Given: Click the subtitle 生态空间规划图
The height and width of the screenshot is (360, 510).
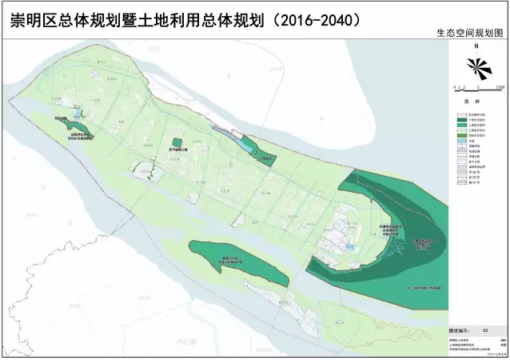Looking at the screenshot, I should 471,35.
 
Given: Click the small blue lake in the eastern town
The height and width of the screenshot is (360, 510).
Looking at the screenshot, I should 352,247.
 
